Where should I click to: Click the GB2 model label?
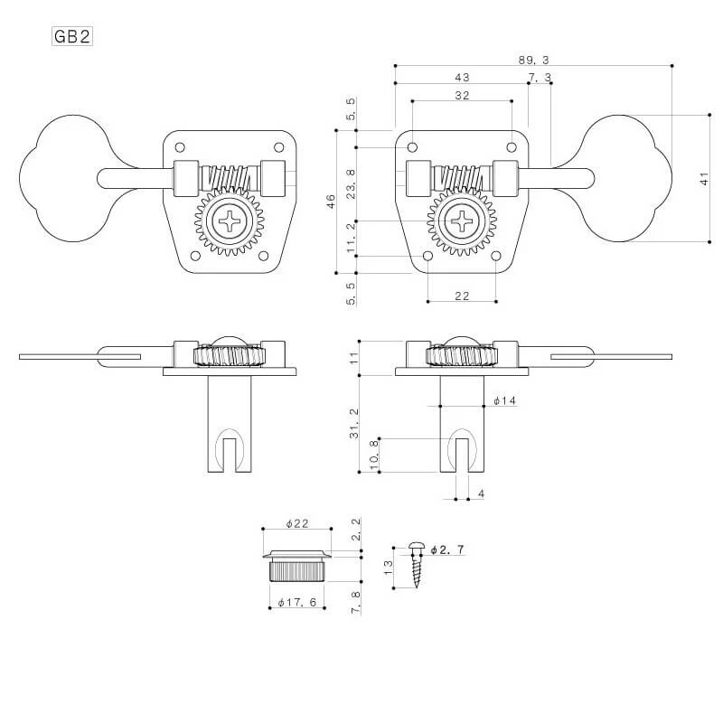[x=72, y=36]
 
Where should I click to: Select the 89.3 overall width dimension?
[x=533, y=60]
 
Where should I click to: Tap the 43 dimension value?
[x=462, y=78]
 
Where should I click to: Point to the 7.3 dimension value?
[x=540, y=78]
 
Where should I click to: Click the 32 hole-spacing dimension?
[x=462, y=96]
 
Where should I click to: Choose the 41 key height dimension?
[x=704, y=179]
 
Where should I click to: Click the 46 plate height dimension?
[x=331, y=202]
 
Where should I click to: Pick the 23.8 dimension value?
[x=351, y=183]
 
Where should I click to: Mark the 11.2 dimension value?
[x=351, y=239]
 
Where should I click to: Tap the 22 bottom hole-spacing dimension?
[x=462, y=296]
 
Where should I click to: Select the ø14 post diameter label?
[x=504, y=400]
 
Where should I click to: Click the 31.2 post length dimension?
[x=353, y=423]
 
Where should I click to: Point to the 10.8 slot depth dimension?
[x=374, y=455]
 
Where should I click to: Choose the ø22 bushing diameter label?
[x=297, y=524]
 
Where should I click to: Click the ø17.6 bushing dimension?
[x=297, y=603]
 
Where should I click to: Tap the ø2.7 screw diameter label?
[x=447, y=549]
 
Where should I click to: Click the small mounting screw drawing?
[x=416, y=564]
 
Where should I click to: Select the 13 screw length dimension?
[x=389, y=568]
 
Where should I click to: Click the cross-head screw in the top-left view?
[x=230, y=221]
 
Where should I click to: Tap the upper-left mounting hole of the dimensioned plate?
[x=413, y=147]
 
